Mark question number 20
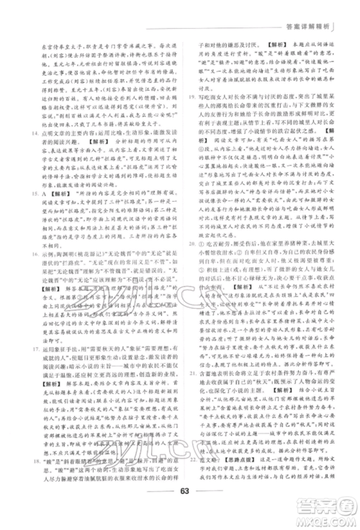pos(189,243)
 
